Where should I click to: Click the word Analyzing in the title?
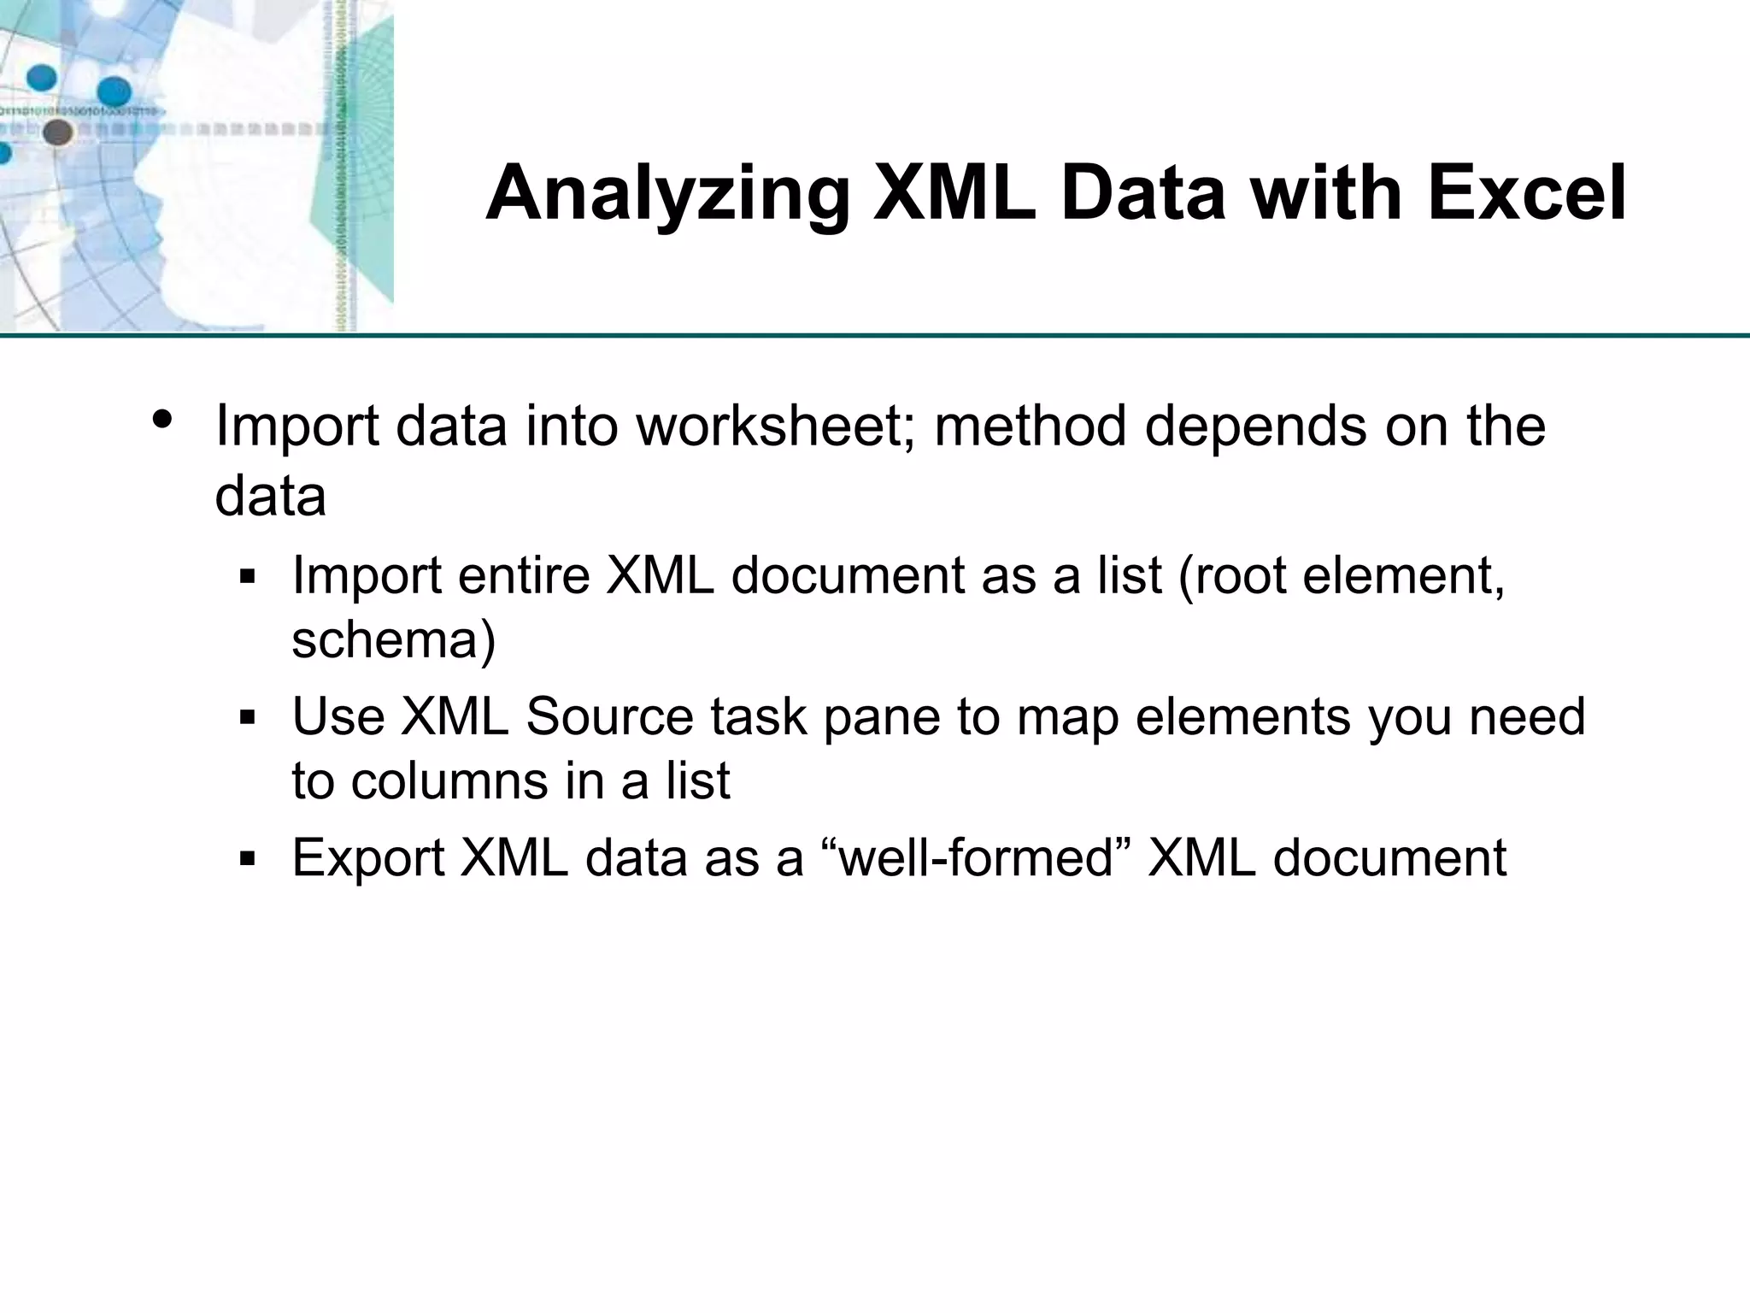[x=667, y=195]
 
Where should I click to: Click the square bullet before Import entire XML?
[x=248, y=578]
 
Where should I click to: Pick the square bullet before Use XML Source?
[x=248, y=718]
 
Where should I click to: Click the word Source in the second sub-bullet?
[x=609, y=716]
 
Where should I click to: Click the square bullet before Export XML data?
[x=248, y=859]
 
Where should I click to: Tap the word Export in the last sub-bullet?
[x=367, y=858]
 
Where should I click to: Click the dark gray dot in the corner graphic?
[x=57, y=132]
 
